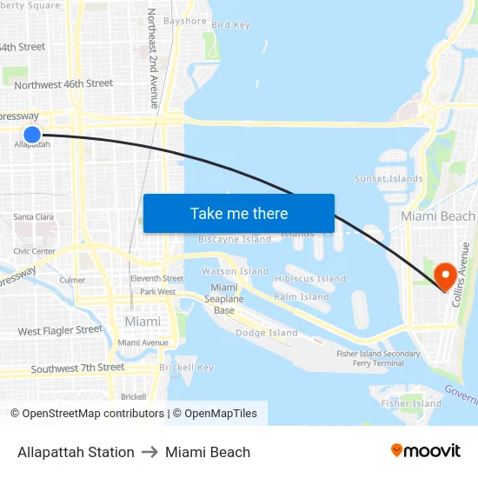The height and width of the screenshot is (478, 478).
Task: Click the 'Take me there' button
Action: pos(239,213)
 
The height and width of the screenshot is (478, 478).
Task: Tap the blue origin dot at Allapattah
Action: pos(32,134)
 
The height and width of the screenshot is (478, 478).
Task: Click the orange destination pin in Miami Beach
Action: pos(447,276)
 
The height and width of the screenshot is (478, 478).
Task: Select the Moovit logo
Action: pos(426,451)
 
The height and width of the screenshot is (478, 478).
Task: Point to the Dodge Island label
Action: pos(267,333)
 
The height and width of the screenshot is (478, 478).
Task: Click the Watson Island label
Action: pos(236,271)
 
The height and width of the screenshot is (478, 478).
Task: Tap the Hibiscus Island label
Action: pos(310,279)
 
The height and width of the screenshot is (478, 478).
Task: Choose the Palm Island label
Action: pos(302,296)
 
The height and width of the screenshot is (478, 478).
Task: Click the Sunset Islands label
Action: pos(388,179)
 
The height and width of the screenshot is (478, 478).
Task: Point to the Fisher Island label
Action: pos(412,403)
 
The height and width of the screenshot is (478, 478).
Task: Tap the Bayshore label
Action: pos(185,21)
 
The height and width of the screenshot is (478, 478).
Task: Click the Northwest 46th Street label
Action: pos(63,84)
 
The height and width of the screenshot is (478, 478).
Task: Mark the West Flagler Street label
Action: pos(60,330)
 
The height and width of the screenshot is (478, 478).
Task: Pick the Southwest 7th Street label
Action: pos(77,368)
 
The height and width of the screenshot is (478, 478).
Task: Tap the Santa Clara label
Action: pos(34,216)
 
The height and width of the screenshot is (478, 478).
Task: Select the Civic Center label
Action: pos(34,251)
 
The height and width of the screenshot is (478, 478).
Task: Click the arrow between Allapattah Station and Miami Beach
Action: pos(149,452)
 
